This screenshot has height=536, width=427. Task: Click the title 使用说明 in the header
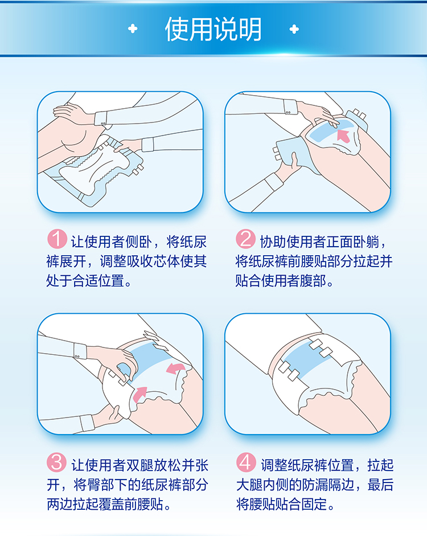point(213,30)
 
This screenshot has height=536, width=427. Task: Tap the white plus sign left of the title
point(133,28)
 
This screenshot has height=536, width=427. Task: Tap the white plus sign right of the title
point(294,29)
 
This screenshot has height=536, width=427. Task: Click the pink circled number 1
point(57,239)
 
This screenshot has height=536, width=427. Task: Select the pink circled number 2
point(245,239)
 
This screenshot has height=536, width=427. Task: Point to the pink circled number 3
point(57,462)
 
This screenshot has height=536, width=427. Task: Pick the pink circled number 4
point(246,462)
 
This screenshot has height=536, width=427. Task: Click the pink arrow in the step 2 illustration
point(344,136)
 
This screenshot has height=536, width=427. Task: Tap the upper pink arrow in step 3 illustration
point(175,369)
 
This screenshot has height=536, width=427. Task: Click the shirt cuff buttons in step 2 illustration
point(288,112)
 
